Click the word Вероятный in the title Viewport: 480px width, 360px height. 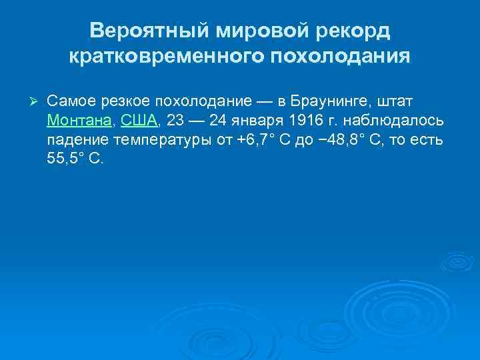click(139, 31)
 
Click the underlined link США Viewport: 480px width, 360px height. click(139, 121)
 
